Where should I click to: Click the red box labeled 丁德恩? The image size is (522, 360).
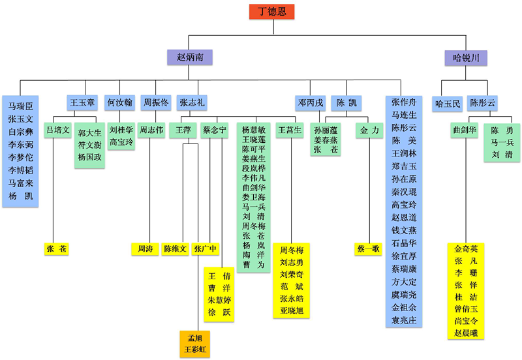(271, 12)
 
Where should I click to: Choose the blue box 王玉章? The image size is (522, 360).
(83, 103)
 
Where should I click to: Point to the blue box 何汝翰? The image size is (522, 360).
(120, 103)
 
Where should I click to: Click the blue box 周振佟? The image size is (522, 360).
(156, 103)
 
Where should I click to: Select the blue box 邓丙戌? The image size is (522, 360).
(311, 103)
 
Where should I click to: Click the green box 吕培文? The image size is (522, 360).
(57, 130)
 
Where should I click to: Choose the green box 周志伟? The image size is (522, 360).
(151, 130)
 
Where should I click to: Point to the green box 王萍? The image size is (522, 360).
(183, 130)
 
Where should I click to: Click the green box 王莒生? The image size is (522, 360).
(290, 130)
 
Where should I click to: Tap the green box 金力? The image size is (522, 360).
(369, 130)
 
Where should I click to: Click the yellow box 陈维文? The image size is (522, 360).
(176, 248)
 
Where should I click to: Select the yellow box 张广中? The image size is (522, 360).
(206, 248)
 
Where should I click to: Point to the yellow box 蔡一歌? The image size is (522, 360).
(368, 248)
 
